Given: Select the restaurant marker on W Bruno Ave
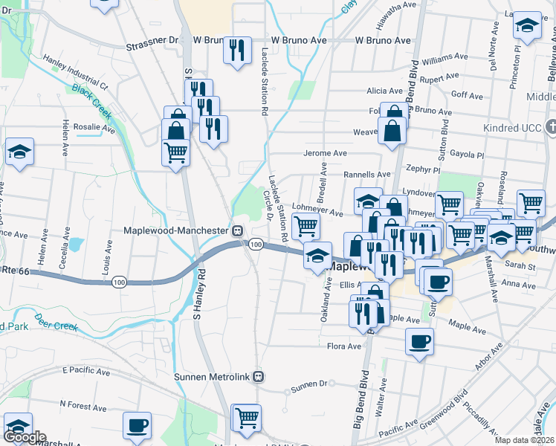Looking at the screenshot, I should click(238, 51).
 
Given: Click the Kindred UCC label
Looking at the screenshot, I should click(518, 128).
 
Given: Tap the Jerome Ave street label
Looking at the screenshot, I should click(326, 153).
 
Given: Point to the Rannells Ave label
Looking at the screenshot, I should click(366, 175).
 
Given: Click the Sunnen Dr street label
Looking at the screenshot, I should click(308, 386).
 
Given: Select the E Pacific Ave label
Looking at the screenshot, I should click(85, 370).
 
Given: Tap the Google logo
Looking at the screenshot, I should click(25, 438).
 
